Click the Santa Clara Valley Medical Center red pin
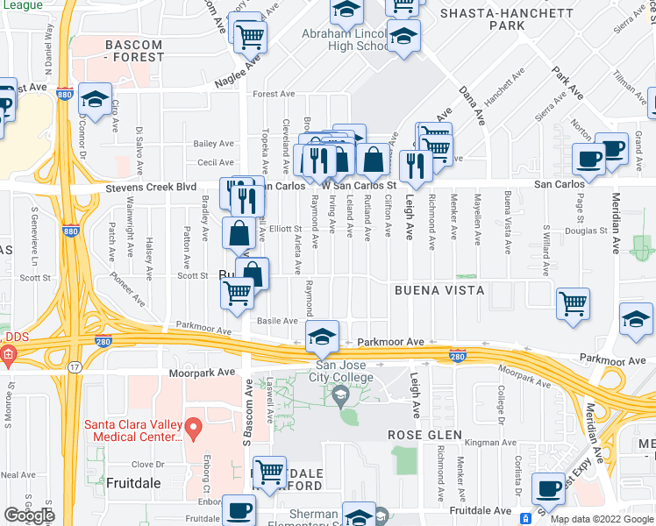(196, 429)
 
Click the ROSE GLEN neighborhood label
(425, 435)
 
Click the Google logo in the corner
(29, 515)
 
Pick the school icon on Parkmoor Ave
(322, 335)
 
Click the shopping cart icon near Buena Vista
(573, 303)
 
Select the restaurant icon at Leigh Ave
(415, 165)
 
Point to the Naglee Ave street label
(238, 71)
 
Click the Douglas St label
(587, 231)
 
